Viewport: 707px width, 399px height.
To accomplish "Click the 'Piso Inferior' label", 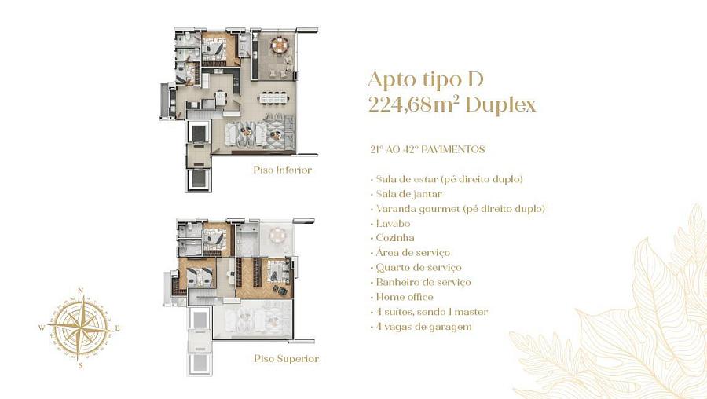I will coord(282,170).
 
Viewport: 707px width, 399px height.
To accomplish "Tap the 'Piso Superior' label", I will coord(285,358).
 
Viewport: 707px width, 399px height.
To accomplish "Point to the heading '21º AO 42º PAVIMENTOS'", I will coord(427,148).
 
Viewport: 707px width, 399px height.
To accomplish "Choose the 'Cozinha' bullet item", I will coord(394,238).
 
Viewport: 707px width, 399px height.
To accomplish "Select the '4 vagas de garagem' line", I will coord(423,326).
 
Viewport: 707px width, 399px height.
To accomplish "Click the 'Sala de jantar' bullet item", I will coord(408,193).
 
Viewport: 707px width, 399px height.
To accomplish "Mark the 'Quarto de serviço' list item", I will coord(419,267).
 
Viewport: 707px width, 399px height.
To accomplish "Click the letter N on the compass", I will coord(80,291).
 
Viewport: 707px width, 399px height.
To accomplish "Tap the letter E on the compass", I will coord(118,328).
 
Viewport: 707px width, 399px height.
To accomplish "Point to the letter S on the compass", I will coord(80,365).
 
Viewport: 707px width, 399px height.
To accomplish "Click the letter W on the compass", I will coord(42,328).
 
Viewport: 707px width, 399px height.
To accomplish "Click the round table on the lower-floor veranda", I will coord(280,46).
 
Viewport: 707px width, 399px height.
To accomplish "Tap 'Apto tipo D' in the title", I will coord(426,80).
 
